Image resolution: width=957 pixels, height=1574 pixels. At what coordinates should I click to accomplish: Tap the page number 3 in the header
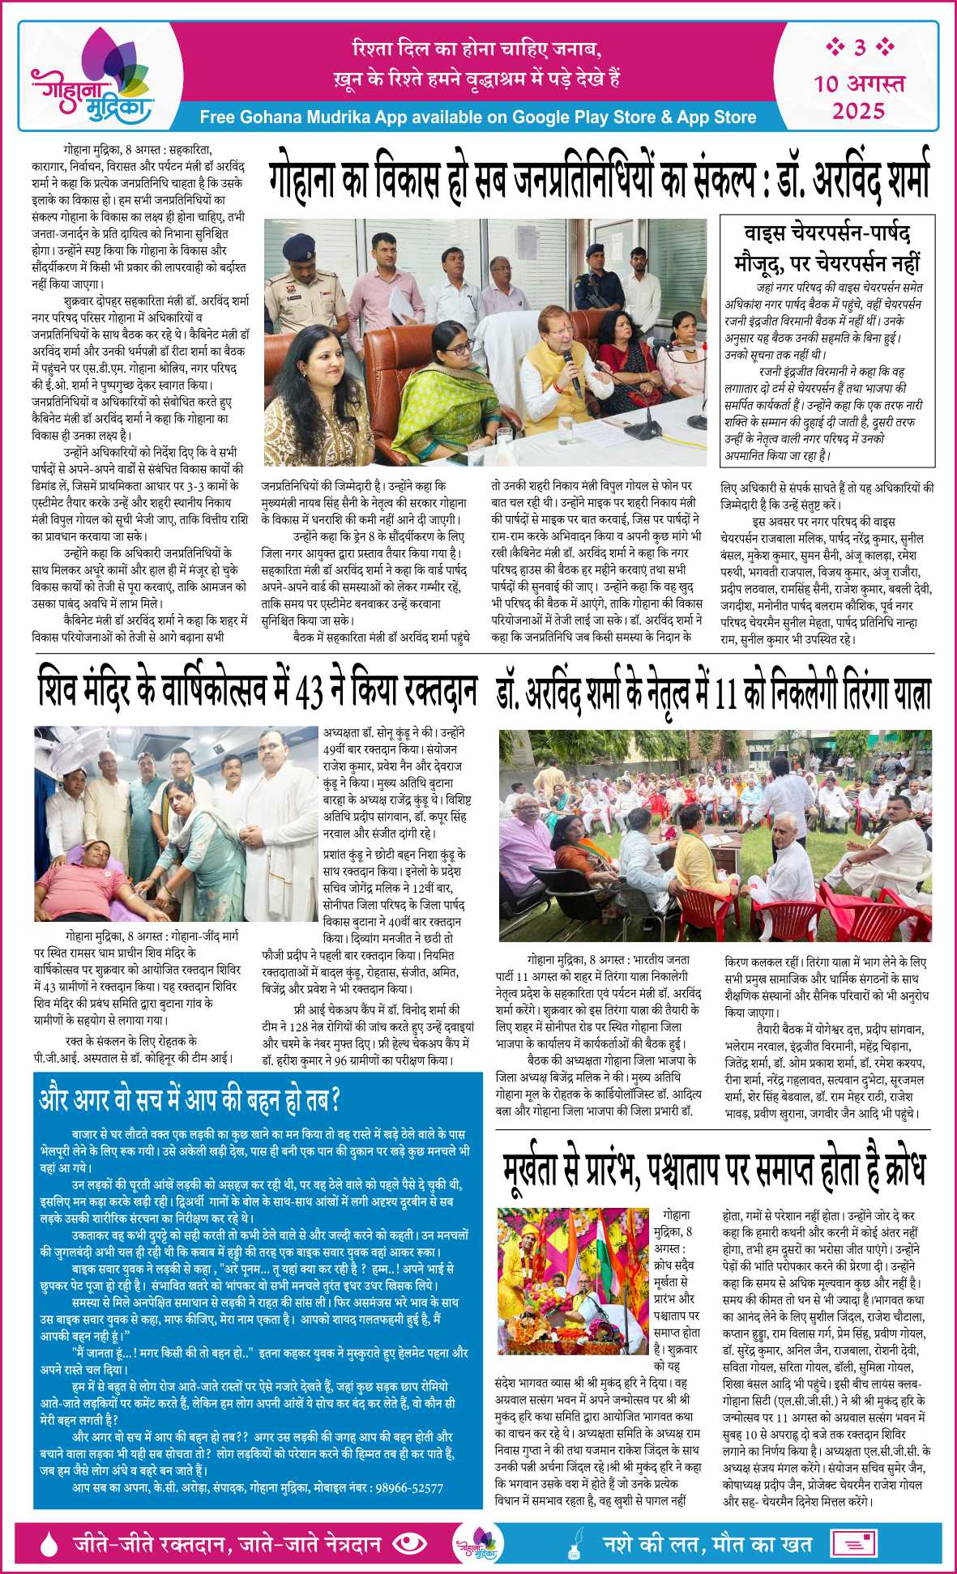859,48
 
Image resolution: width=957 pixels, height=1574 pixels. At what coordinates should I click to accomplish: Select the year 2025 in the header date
859,109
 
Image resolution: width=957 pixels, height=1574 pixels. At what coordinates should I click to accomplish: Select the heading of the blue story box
189,1100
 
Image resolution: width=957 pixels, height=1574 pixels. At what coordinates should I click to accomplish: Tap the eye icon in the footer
408,1542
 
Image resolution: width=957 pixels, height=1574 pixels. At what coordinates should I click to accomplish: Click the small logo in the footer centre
476,1544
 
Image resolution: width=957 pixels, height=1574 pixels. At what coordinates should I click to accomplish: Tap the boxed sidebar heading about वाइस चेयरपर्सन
827,249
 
